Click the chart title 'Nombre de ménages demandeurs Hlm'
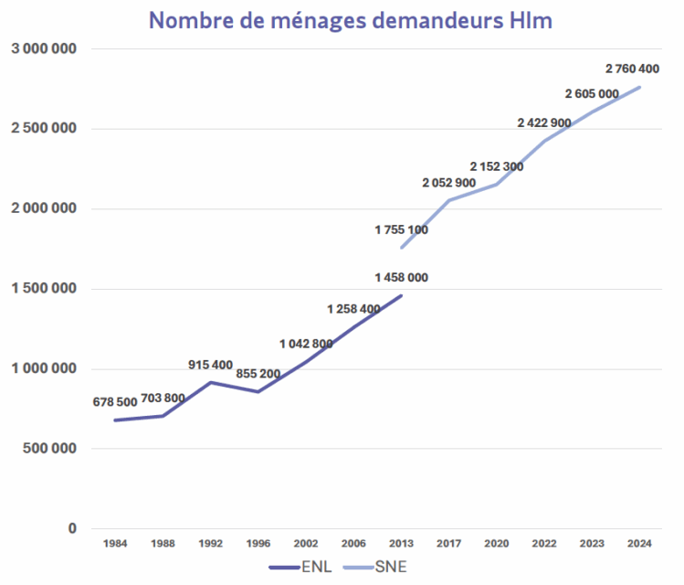(351, 20)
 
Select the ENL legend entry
(301, 567)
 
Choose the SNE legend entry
(374, 567)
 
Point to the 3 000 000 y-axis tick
(43, 48)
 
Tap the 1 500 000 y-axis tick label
(43, 289)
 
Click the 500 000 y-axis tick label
(49, 449)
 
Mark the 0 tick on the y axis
(71, 528)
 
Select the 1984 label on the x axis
(115, 544)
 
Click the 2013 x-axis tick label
(401, 544)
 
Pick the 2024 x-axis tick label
(639, 544)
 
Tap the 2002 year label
(306, 544)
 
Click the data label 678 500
(115, 402)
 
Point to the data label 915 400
(211, 365)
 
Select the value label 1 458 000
(401, 277)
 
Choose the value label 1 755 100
(401, 229)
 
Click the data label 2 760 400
(632, 69)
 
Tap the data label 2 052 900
(448, 183)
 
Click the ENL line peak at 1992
(211, 382)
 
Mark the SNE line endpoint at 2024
(639, 87)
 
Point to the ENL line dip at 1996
(258, 391)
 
